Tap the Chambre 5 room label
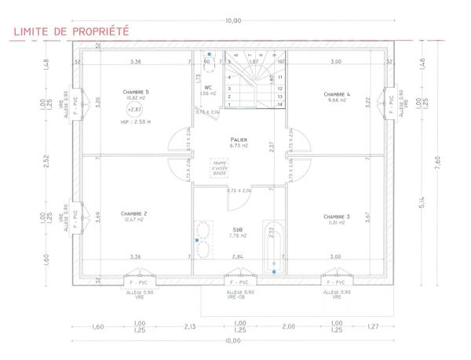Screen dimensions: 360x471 (x=136, y=93)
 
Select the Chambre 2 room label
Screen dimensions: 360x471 (x=134, y=214)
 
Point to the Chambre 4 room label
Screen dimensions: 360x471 (x=337, y=94)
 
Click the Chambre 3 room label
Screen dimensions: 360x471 (x=335, y=216)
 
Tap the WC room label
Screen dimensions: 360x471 (x=208, y=88)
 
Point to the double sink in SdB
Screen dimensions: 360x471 (x=201, y=239)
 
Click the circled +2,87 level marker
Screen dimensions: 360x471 (x=136, y=110)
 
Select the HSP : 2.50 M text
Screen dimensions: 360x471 (x=136, y=123)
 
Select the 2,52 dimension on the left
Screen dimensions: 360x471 (x=46, y=160)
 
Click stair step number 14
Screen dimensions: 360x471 (x=280, y=104)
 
